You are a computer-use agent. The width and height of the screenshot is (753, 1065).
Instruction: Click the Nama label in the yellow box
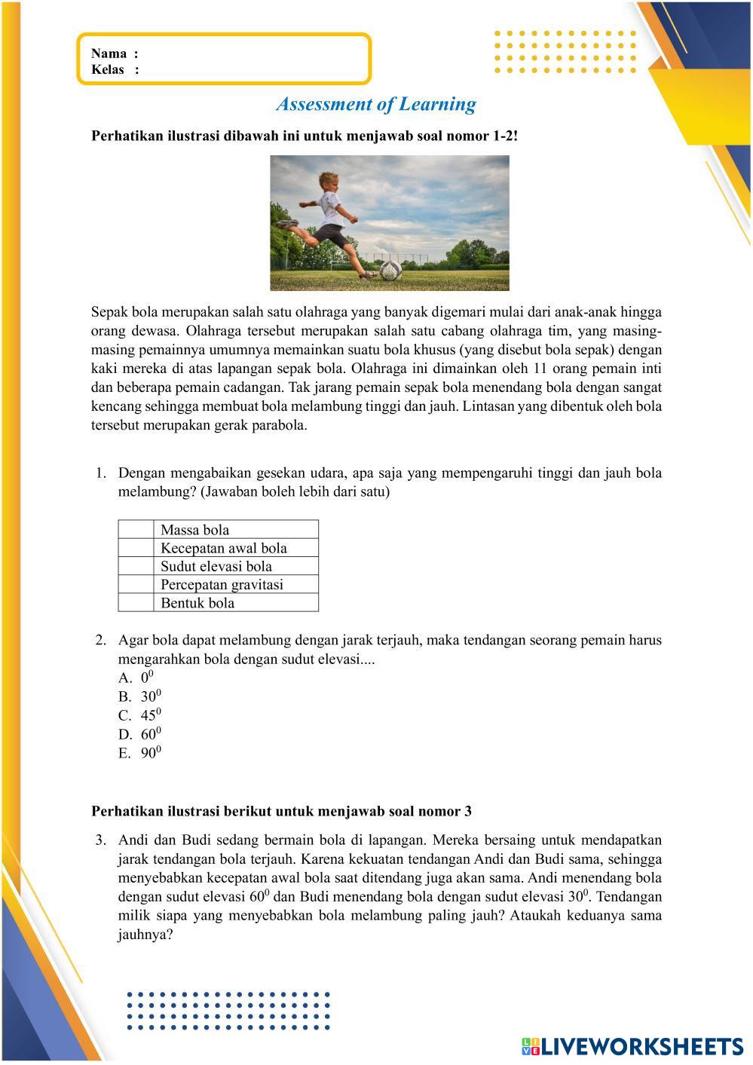pos(109,54)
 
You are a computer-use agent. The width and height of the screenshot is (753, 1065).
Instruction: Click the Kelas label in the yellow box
pos(108,70)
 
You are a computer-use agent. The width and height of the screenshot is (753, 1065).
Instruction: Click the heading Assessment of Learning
pos(375,104)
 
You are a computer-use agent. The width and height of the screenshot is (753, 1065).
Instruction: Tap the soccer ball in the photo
pos(389,271)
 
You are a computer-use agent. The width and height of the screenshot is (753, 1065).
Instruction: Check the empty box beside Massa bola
pos(136,530)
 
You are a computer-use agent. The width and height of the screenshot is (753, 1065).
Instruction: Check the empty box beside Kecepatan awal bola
pos(136,548)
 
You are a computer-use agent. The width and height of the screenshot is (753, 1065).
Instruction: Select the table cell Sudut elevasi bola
pos(216,566)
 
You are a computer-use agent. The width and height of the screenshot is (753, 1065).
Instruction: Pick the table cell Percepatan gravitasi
pos(222,585)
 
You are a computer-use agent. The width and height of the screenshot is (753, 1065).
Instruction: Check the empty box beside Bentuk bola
pos(136,603)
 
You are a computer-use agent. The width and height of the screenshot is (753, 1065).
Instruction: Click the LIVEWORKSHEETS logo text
pos(641,1046)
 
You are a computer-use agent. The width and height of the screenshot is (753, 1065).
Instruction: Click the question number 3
pos(100,840)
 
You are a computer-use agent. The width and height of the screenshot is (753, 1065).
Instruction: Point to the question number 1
pos(100,473)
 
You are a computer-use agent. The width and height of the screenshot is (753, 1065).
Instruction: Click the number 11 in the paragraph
pos(561,369)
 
